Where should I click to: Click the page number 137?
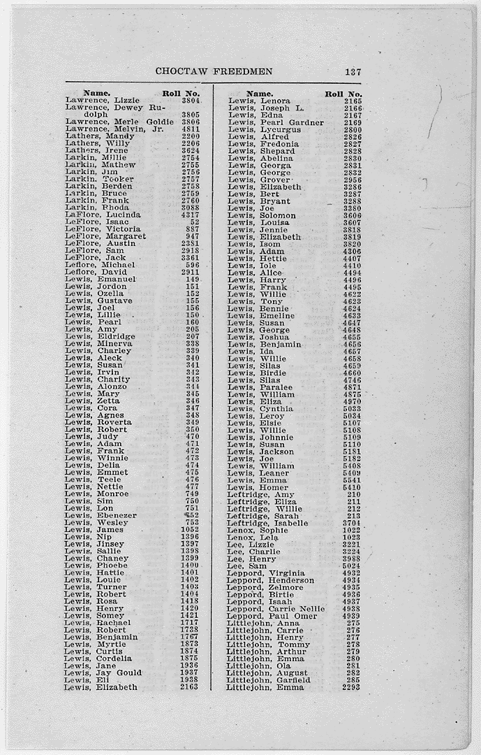[x=353, y=71]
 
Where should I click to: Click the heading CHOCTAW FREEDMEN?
[x=214, y=71]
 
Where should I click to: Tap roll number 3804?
[x=191, y=101]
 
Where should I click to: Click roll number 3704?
[x=352, y=523]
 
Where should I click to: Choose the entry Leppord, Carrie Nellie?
[x=272, y=609]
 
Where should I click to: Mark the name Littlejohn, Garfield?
[x=262, y=679]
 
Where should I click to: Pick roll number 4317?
[x=191, y=215]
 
